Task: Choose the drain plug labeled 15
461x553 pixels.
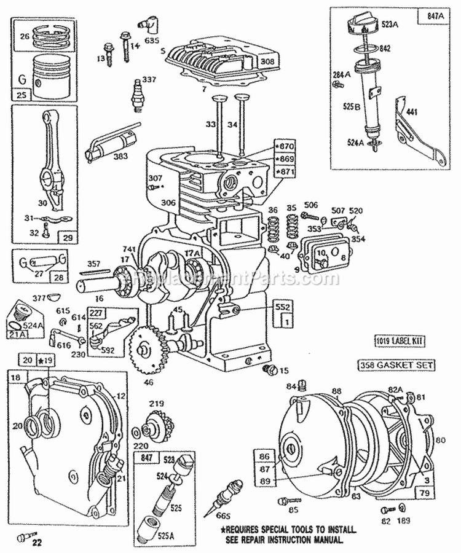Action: click(267, 370)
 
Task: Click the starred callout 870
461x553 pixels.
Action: click(285, 147)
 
